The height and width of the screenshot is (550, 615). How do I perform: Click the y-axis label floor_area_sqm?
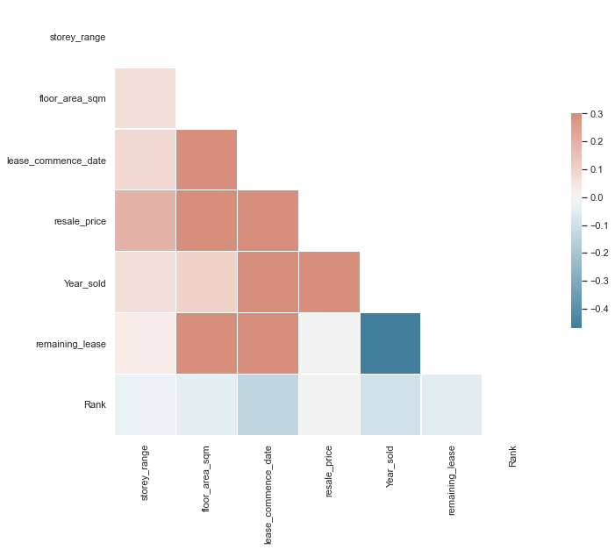click(73, 98)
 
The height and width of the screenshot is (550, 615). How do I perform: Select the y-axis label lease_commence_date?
click(56, 160)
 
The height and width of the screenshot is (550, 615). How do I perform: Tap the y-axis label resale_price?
click(80, 221)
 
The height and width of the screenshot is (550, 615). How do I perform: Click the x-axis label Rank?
click(513, 456)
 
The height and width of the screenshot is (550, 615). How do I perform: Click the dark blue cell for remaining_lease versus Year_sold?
click(390, 344)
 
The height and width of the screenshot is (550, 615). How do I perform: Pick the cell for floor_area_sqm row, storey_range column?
click(145, 98)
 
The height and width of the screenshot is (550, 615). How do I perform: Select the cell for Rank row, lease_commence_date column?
click(268, 405)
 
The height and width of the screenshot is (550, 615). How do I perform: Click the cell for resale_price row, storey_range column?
click(145, 221)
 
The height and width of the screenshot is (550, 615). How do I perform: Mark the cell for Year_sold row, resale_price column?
click(329, 282)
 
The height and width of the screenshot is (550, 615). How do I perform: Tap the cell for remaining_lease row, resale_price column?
click(329, 344)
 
